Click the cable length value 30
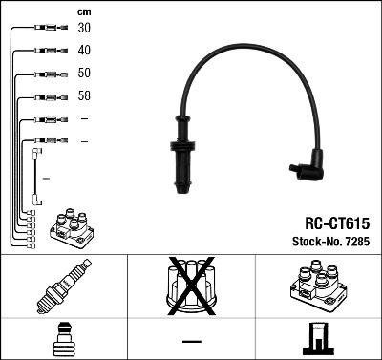(85, 28)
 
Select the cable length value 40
(85, 50)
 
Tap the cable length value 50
(85, 73)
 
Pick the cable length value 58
(85, 95)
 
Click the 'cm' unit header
(84, 11)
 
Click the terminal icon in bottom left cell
(63, 338)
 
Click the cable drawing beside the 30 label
(46, 29)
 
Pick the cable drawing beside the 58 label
(46, 96)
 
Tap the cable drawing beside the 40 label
(46, 51)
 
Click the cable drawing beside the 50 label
(46, 74)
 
